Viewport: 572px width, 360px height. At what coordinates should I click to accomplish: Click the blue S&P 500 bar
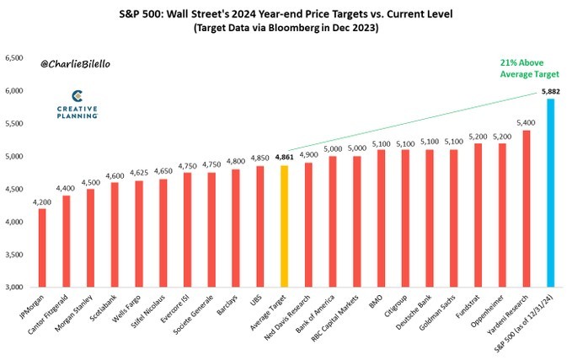(x=551, y=193)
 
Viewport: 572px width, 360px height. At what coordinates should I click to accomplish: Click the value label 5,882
(x=551, y=90)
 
